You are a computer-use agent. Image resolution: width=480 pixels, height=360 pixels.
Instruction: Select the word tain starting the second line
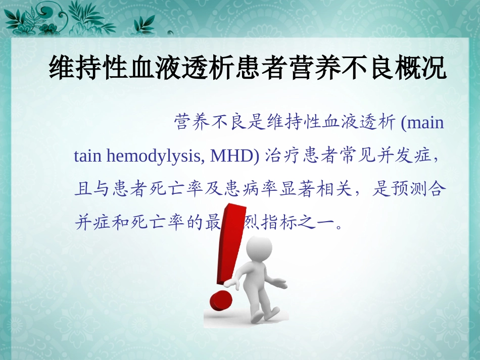(88, 156)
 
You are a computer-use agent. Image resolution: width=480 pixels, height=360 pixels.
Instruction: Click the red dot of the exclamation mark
(220, 301)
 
